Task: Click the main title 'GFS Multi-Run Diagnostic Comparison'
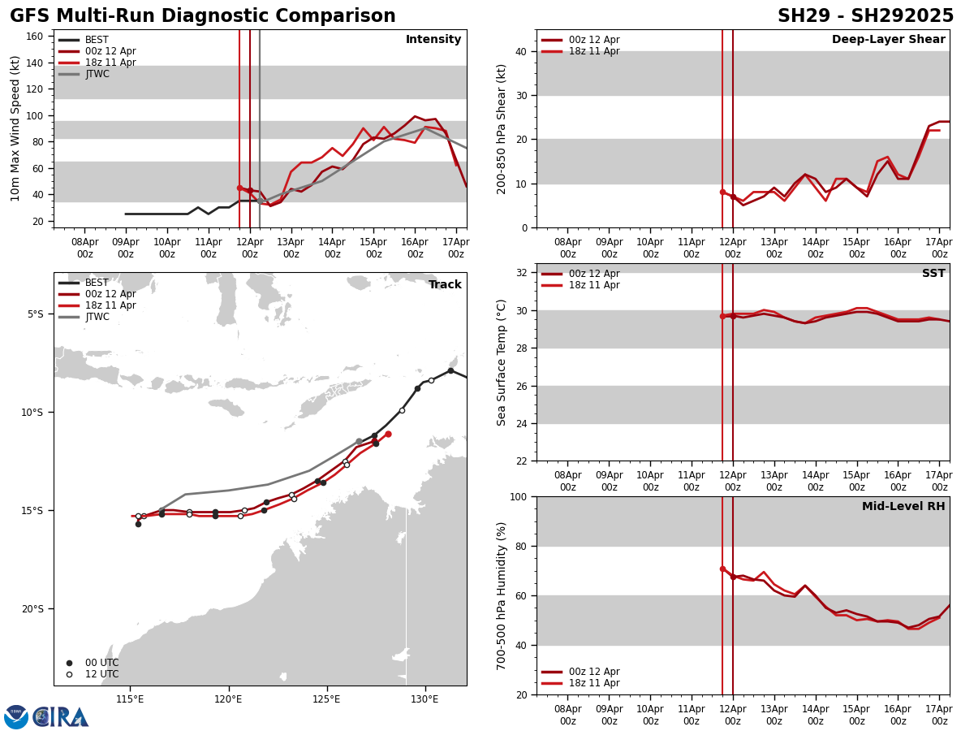(203, 16)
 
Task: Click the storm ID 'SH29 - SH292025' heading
(865, 16)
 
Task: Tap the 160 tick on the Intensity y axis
(40, 37)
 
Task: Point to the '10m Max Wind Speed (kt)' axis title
(15, 128)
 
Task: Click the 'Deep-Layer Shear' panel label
(888, 40)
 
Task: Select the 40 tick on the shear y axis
(519, 51)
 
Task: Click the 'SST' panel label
(933, 274)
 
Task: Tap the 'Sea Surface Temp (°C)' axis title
(502, 362)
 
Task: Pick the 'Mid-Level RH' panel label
(903, 507)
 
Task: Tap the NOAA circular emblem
(16, 717)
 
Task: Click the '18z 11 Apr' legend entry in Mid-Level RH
(594, 683)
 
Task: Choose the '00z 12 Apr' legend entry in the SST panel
(594, 274)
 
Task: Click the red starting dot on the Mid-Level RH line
(722, 569)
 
